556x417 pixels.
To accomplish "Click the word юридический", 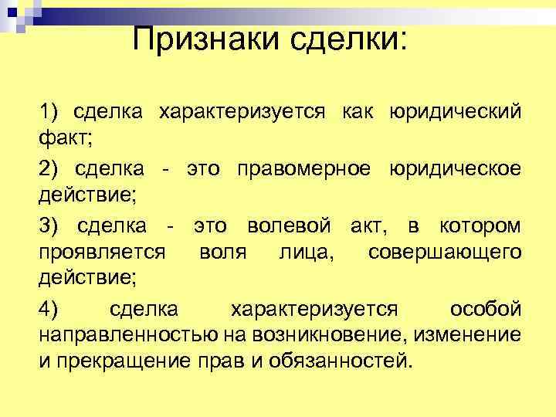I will [x=456, y=113].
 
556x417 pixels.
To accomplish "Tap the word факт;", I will [x=66, y=137].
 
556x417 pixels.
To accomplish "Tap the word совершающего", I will [x=444, y=252].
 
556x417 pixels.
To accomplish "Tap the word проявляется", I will [x=101, y=252].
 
